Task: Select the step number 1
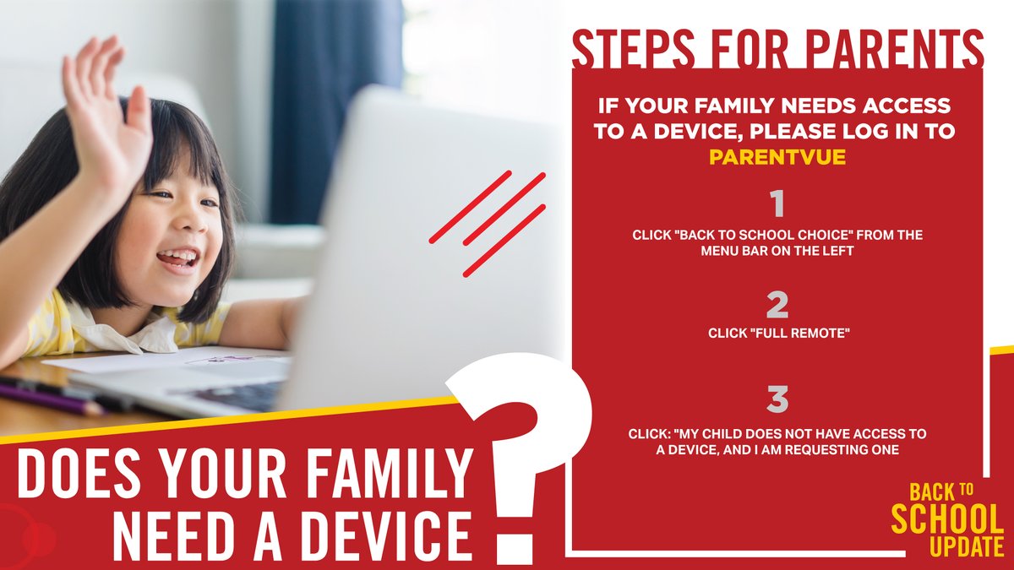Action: click(777, 205)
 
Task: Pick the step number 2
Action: click(777, 305)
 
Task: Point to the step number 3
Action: click(777, 399)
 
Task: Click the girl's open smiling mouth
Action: click(178, 258)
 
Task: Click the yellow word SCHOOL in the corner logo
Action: click(947, 519)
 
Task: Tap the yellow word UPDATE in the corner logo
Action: click(966, 547)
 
